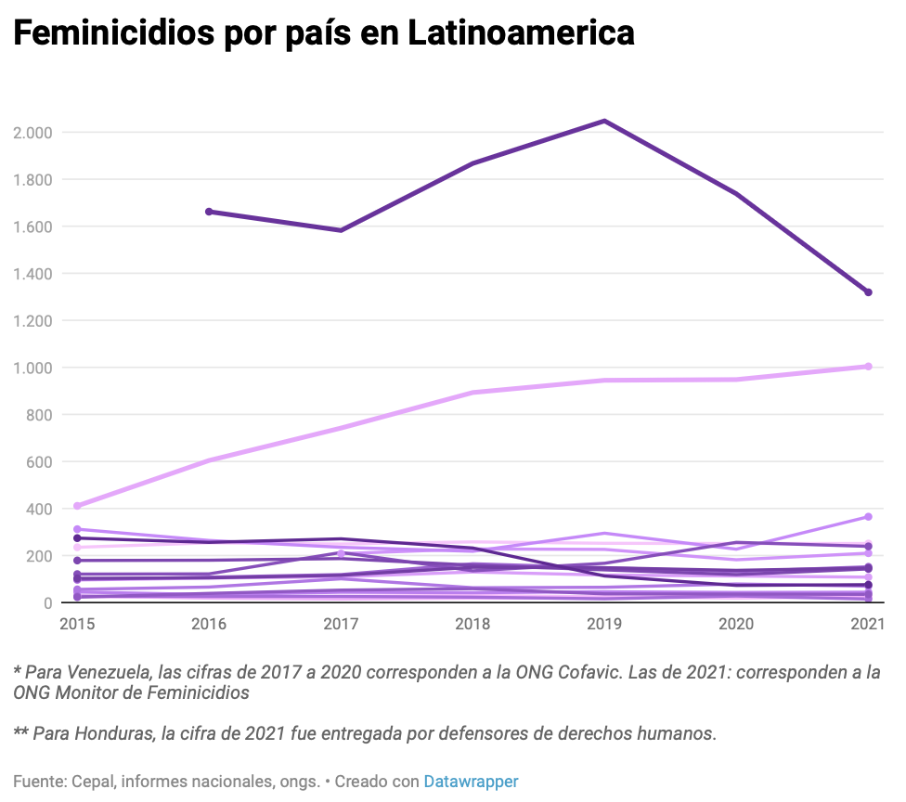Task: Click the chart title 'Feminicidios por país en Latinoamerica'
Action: click(324, 33)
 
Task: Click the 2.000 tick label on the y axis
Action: click(32, 133)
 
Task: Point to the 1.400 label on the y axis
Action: click(32, 274)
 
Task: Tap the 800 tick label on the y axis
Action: click(38, 415)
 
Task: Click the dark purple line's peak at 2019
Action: click(604, 121)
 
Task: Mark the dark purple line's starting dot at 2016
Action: click(209, 212)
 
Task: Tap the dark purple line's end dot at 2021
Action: click(868, 292)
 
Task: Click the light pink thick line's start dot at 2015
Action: click(77, 506)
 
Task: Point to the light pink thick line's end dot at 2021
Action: click(868, 367)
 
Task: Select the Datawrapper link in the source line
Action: click(471, 782)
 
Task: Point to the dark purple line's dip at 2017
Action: click(341, 230)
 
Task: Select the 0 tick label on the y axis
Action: click(46, 603)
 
